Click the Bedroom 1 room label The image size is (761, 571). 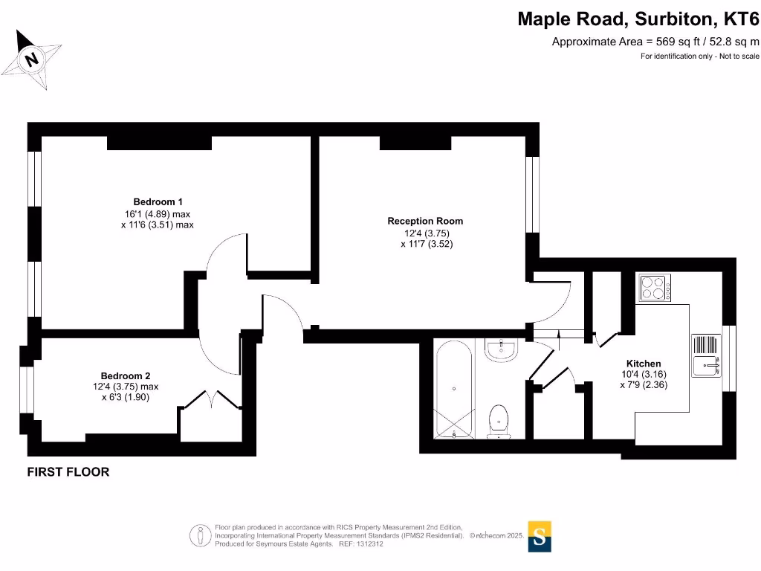[158, 201]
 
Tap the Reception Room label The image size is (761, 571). [425, 221]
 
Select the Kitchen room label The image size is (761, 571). [643, 364]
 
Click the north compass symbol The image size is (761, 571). [33, 59]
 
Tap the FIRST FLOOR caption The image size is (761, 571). [68, 471]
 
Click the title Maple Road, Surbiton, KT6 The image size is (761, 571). [638, 19]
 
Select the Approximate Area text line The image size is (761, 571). [655, 42]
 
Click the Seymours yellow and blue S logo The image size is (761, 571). [540, 536]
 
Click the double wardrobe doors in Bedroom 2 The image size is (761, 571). [210, 399]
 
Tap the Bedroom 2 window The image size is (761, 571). [27, 390]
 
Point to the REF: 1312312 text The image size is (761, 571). [361, 544]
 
